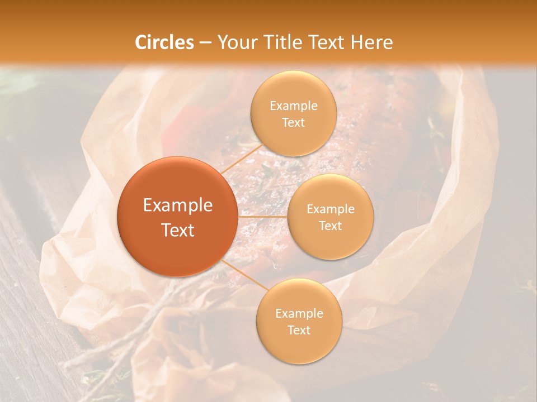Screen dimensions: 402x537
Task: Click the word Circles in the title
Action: tap(164, 42)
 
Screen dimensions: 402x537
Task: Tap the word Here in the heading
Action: tap(372, 42)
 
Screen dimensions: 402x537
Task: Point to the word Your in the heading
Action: tap(236, 42)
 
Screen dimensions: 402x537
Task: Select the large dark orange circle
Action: tap(177, 217)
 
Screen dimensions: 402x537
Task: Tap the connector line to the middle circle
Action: tap(263, 217)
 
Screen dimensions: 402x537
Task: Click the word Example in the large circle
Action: tap(178, 205)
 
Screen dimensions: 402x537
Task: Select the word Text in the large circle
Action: tap(178, 230)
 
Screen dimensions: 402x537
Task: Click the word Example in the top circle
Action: tap(293, 106)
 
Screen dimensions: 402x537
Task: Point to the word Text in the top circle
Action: tap(293, 122)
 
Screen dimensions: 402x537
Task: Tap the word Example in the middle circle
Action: tap(330, 209)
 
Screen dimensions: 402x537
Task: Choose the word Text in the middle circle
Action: tap(330, 226)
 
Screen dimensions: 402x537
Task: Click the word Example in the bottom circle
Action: tap(299, 314)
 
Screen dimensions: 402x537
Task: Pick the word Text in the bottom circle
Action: tap(299, 330)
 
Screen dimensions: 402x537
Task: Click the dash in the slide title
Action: tap(205, 43)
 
